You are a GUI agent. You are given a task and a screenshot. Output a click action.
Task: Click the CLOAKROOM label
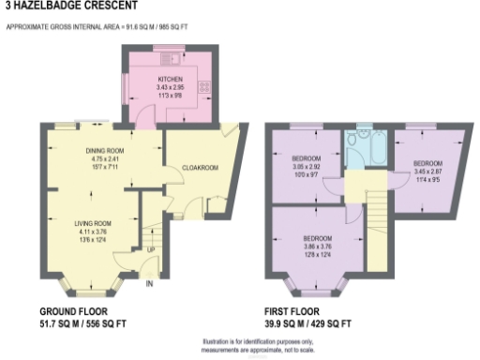tap(200, 168)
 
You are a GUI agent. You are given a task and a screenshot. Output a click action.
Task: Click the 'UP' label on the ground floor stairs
tap(150, 250)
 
